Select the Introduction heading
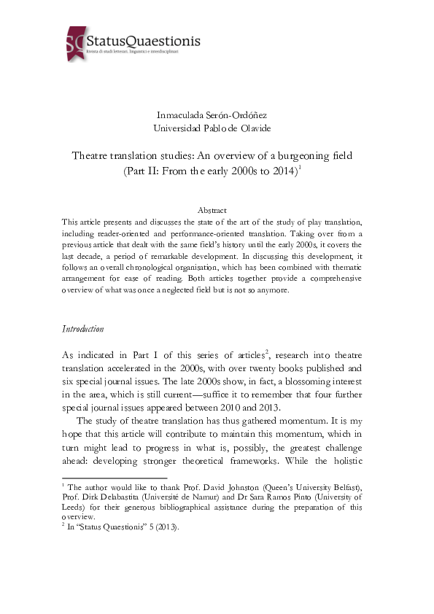point(82,329)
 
